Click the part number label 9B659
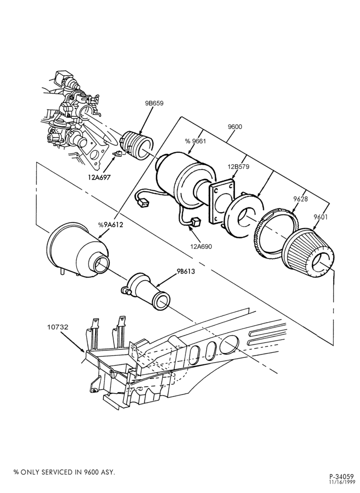click(x=154, y=103)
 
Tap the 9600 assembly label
click(x=235, y=127)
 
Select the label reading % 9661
click(x=195, y=141)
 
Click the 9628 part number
click(x=301, y=198)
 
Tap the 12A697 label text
click(x=99, y=177)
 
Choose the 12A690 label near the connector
click(x=201, y=246)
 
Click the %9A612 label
click(x=110, y=225)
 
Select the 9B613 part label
click(x=185, y=271)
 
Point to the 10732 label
click(x=58, y=327)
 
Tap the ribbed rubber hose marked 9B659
click(x=136, y=146)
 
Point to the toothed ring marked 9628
click(x=276, y=231)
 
